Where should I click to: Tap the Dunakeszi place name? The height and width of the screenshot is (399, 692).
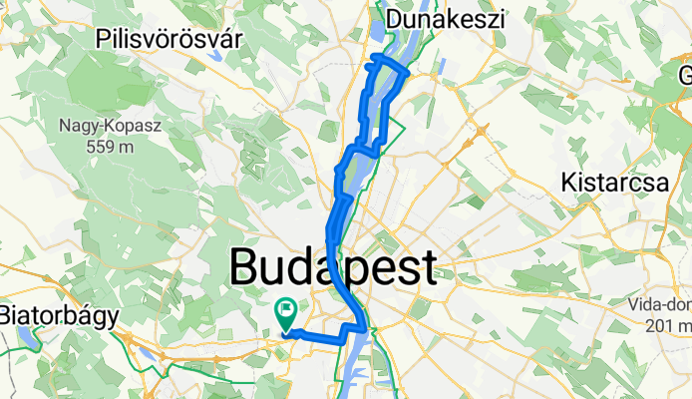pos(446,19)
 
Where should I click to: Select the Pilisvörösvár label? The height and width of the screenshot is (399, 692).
pos(171,39)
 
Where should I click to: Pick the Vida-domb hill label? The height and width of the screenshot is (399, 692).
pos(661,305)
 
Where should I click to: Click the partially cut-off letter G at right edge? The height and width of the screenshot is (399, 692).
pos(686,77)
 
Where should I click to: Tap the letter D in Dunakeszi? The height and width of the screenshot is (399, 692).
pos(394,19)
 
